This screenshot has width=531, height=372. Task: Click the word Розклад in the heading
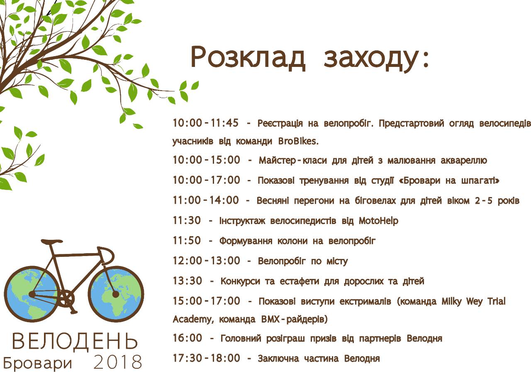[x=248, y=58]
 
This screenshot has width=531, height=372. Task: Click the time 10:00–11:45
[x=206, y=123]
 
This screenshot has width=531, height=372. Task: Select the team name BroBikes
[x=298, y=141]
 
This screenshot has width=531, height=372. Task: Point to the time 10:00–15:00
[x=206, y=160]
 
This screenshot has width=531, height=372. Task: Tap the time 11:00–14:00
[x=206, y=200]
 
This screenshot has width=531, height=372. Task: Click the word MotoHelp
[x=378, y=221]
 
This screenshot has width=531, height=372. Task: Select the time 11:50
[x=187, y=241]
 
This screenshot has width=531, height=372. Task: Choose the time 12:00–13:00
[x=206, y=261]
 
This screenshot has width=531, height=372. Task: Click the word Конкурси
[x=240, y=281]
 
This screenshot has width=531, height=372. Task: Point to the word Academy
[x=190, y=320]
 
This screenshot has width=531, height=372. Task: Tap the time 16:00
[x=187, y=338]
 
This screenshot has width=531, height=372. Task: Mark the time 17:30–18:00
[x=206, y=358]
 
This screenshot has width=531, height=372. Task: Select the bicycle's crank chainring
[x=65, y=298]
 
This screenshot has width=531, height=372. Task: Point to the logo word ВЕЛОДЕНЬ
[x=75, y=341]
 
